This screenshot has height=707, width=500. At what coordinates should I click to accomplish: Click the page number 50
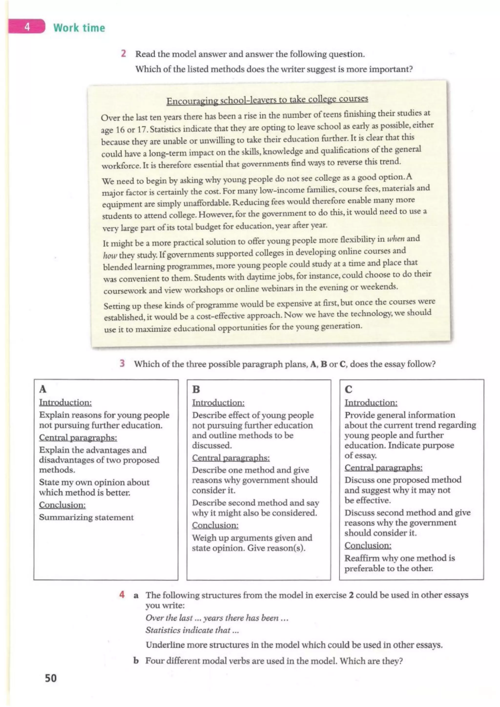click(x=51, y=678)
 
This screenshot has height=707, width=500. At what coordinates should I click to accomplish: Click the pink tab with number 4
click(x=27, y=27)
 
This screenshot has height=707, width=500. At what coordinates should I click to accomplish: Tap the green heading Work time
click(x=79, y=28)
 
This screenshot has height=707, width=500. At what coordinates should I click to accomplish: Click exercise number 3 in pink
click(x=122, y=363)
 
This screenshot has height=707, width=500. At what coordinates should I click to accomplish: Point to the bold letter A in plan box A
click(x=43, y=389)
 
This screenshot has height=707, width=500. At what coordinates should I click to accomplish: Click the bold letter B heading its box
click(x=196, y=389)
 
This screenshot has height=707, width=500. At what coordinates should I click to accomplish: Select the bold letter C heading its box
click(x=348, y=389)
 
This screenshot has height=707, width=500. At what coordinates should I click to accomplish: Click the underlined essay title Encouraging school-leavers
click(x=267, y=100)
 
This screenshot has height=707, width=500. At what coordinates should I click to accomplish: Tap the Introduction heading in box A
click(x=65, y=402)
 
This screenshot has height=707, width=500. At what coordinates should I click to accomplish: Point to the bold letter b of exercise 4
click(x=135, y=661)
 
